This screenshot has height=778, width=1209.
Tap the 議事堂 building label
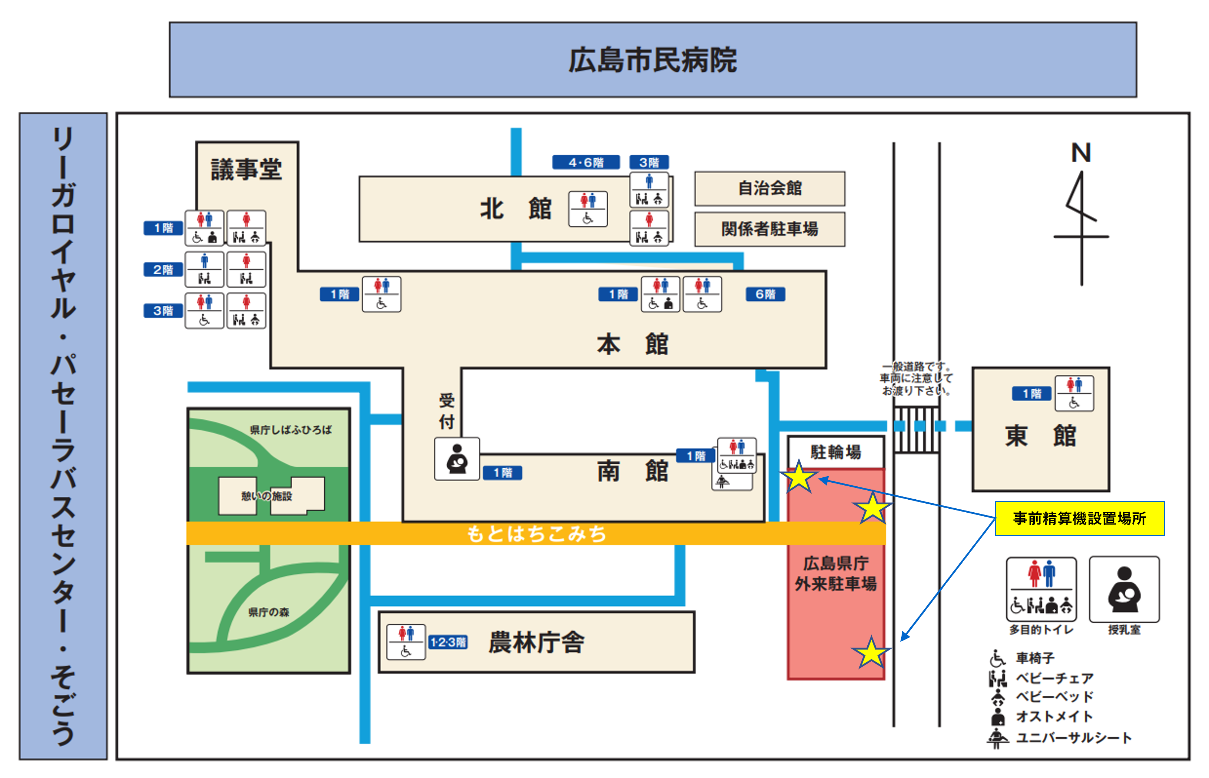click(246, 169)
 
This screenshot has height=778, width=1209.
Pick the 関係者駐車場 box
click(769, 229)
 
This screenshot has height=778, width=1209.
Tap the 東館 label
click(1040, 436)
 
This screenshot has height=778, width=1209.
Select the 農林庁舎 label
click(536, 642)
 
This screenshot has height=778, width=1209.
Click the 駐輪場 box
click(836, 452)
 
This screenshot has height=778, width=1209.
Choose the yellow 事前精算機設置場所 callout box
click(1079, 518)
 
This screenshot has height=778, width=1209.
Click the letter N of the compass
click(1081, 152)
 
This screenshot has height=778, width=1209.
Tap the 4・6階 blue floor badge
click(586, 162)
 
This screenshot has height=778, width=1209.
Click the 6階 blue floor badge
click(765, 294)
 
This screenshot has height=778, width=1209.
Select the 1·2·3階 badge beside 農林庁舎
click(448, 642)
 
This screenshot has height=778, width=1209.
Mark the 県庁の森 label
click(268, 612)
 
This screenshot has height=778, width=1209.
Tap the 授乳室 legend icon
click(1124, 589)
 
